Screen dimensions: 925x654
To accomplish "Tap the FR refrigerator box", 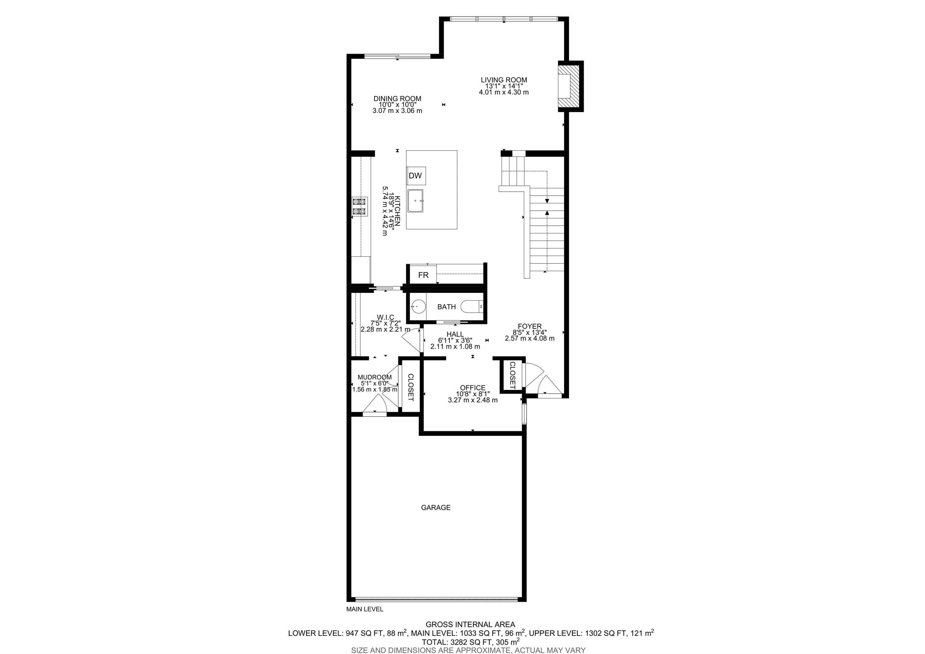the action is [423, 275].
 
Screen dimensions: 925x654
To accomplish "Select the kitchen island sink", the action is [415, 201].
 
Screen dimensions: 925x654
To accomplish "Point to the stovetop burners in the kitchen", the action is [78, 206].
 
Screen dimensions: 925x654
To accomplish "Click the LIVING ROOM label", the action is [503, 80].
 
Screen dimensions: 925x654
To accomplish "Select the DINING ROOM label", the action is [397, 98].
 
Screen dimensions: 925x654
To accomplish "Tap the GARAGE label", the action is [435, 508].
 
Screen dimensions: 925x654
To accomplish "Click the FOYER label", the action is [529, 326].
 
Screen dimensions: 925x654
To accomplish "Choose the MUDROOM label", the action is [375, 377].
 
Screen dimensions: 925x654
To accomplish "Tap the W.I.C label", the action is [385, 317].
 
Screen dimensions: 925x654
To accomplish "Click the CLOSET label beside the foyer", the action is [512, 376].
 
